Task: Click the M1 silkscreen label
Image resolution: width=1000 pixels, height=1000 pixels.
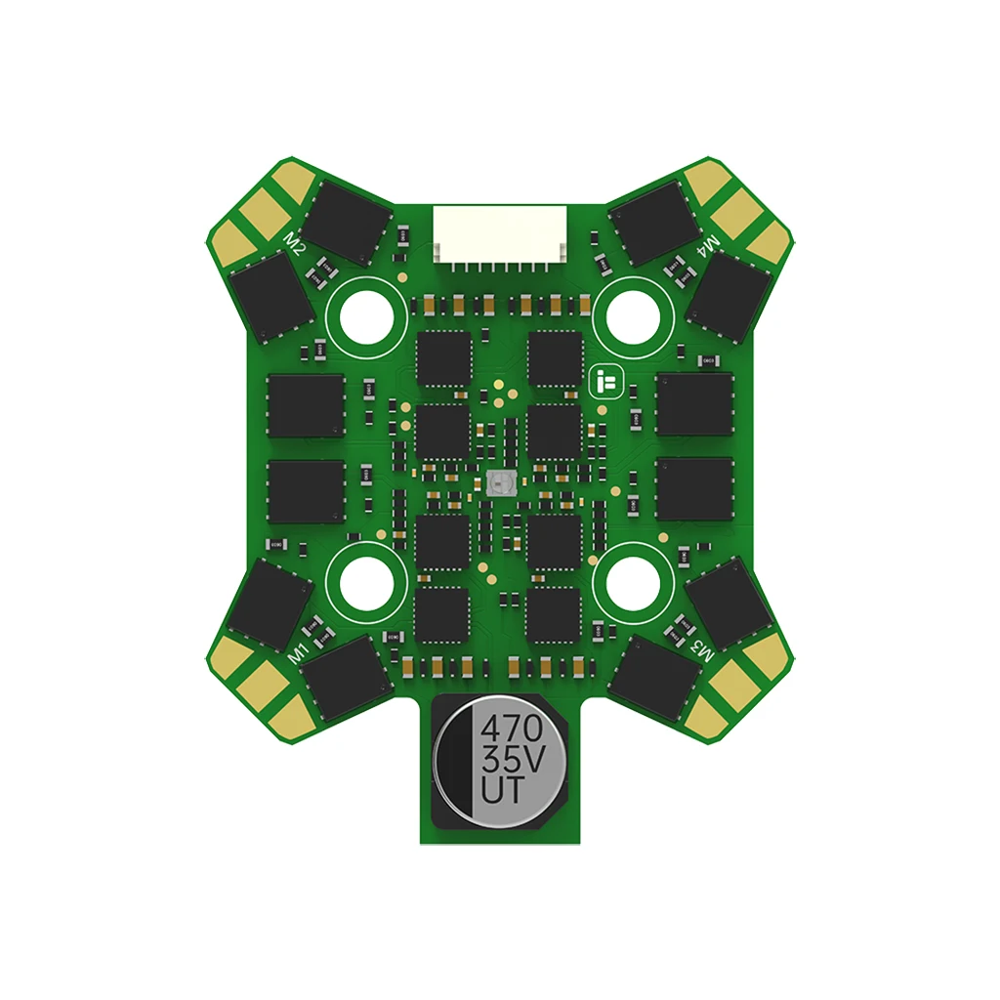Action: [x=301, y=649]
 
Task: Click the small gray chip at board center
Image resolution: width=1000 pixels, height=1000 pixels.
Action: [x=499, y=481]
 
